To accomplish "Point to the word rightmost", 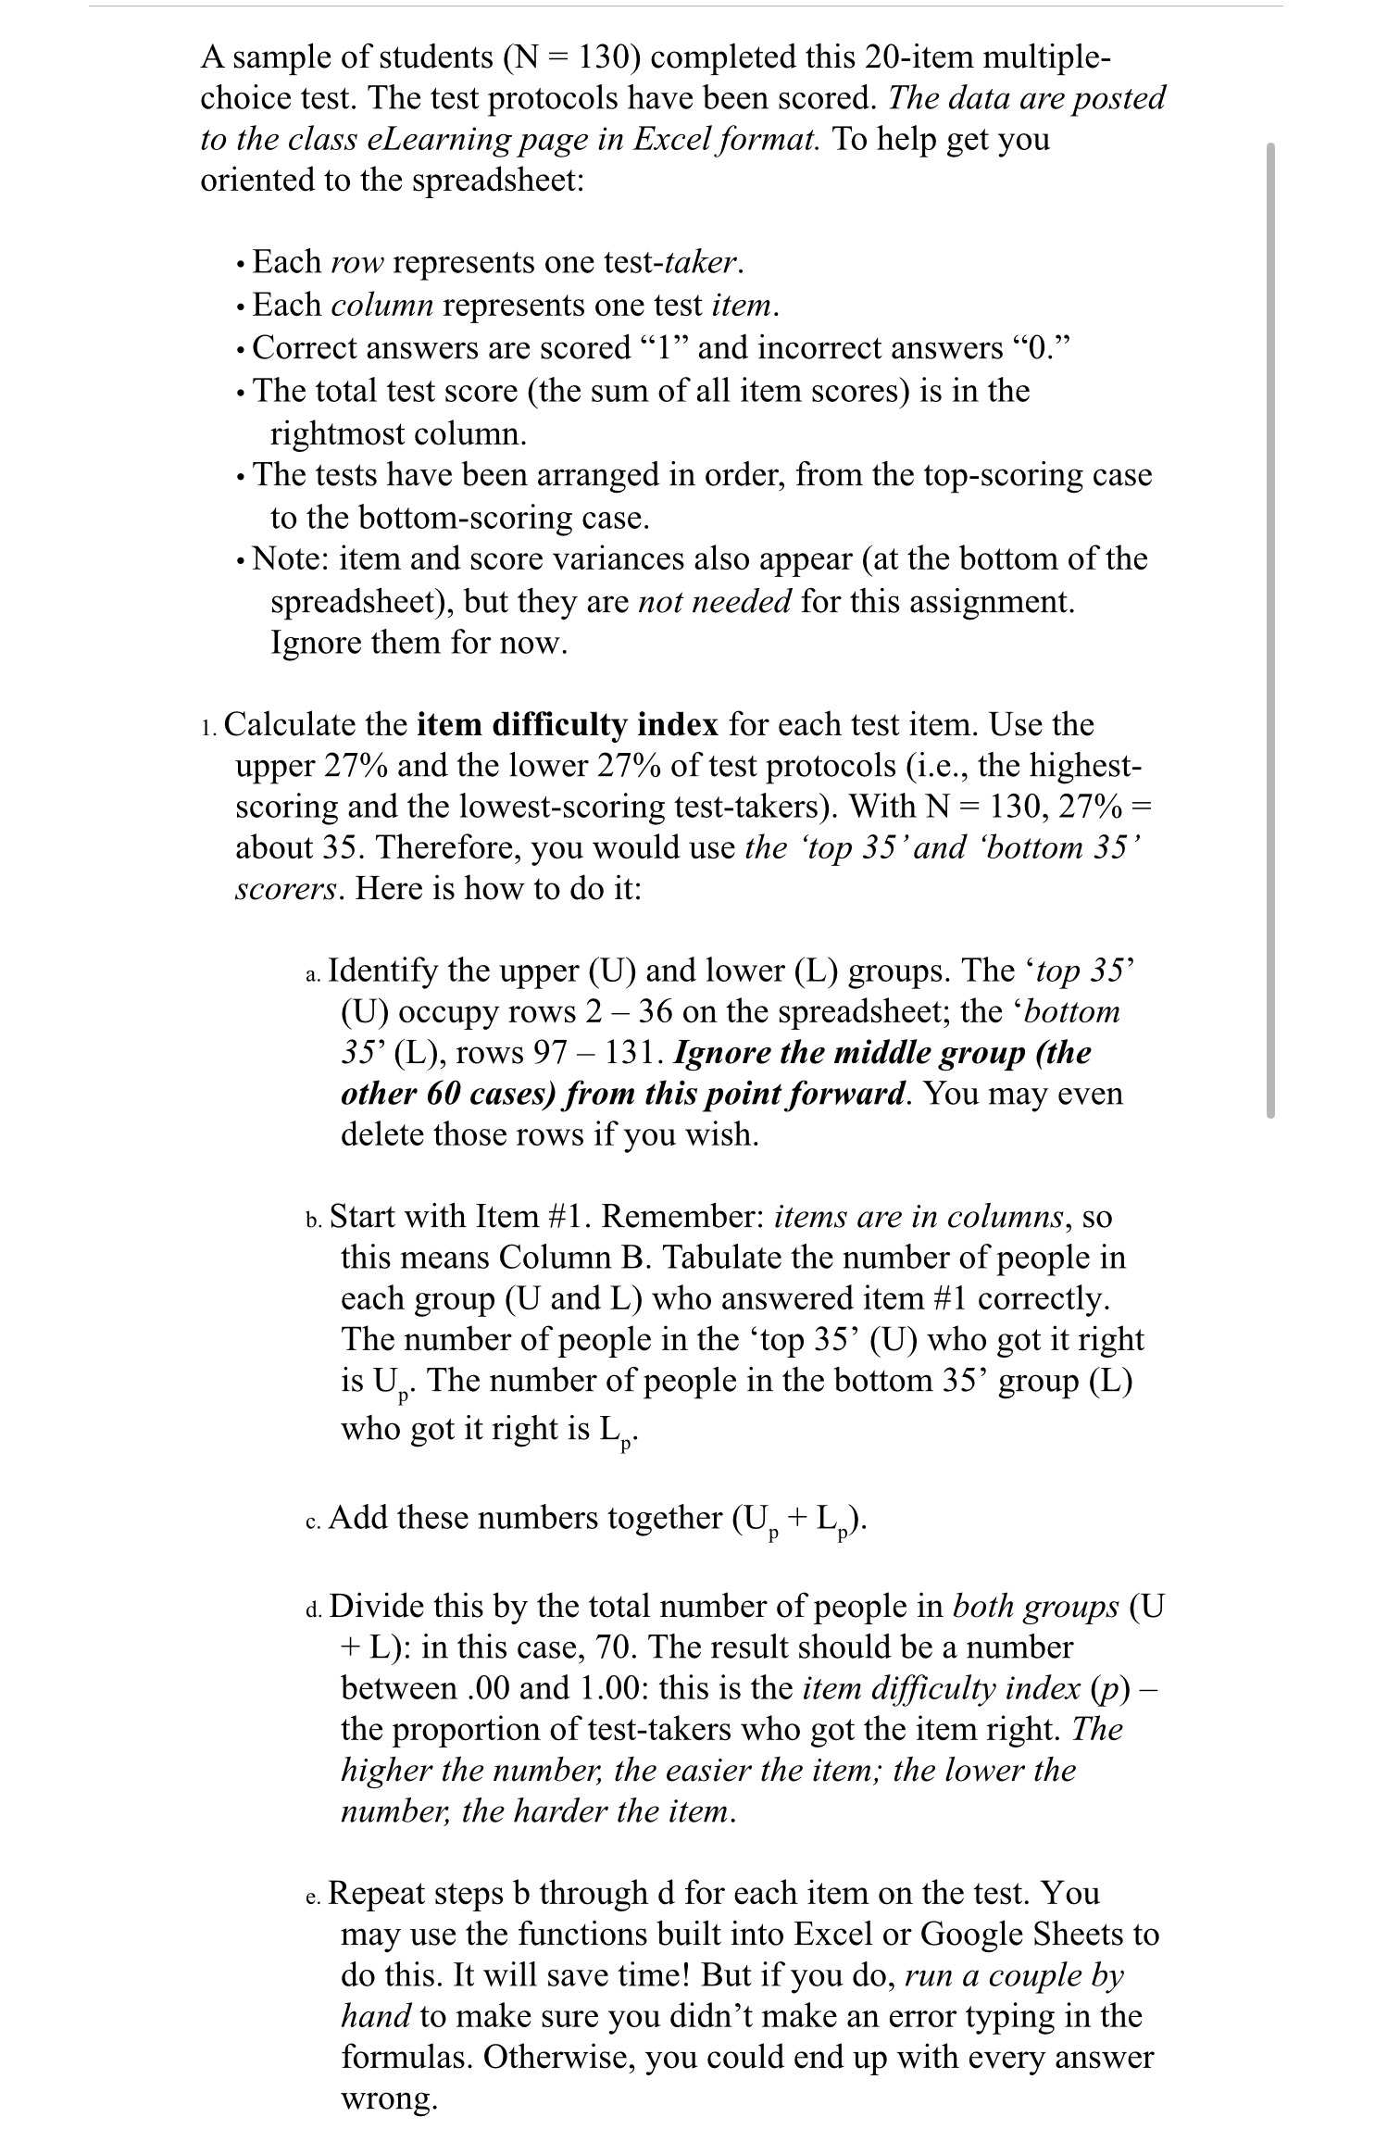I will tap(335, 433).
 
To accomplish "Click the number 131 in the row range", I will tap(633, 1053).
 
